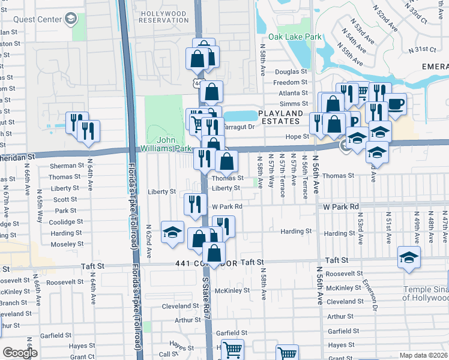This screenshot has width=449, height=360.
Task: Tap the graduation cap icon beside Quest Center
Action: pyautogui.click(x=71, y=19)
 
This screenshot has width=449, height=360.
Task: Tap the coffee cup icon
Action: pyautogui.click(x=395, y=104)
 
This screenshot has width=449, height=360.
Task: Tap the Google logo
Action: pyautogui.click(x=20, y=353)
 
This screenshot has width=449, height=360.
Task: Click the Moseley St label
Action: pyautogui.click(x=67, y=244)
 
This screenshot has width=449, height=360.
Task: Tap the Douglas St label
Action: pyautogui.click(x=291, y=72)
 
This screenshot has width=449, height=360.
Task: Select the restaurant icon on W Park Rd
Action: pyautogui.click(x=194, y=205)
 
